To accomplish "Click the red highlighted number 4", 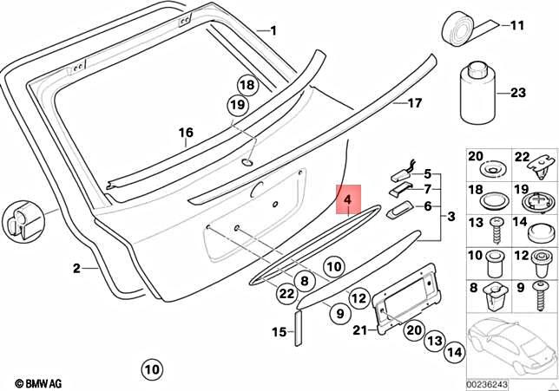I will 347,201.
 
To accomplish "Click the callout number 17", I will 414,103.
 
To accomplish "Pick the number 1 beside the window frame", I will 273,32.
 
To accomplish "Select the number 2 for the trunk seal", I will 76,269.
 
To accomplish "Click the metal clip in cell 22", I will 543,161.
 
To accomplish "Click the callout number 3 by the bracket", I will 450,215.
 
